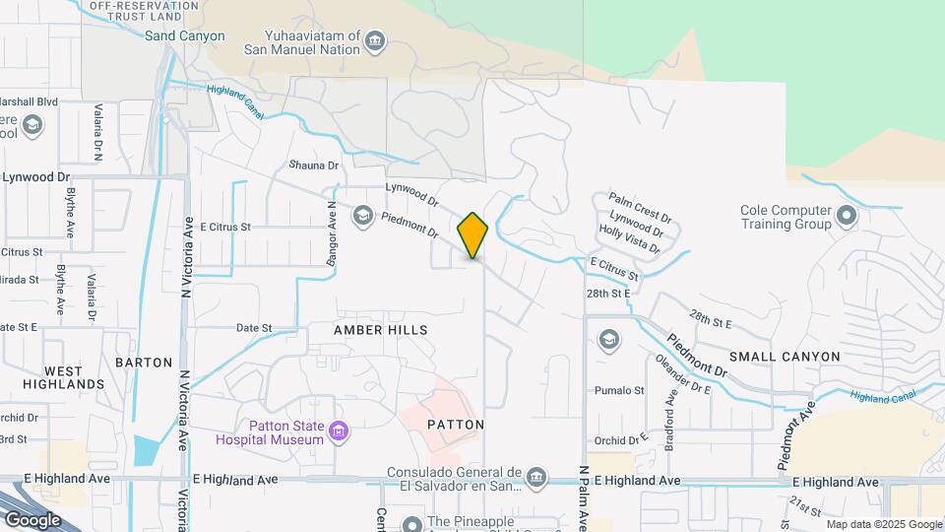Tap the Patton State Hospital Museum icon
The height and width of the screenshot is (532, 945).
click(340, 431)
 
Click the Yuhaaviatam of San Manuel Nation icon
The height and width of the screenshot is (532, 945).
click(374, 41)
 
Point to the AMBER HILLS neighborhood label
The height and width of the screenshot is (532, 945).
click(381, 330)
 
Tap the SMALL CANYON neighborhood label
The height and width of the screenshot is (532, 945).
click(785, 356)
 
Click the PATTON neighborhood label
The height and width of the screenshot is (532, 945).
click(456, 425)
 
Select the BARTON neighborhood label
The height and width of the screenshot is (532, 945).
click(144, 362)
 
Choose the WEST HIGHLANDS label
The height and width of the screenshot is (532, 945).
click(75, 377)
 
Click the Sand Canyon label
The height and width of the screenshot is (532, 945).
click(185, 36)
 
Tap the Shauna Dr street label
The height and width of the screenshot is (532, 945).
click(313, 166)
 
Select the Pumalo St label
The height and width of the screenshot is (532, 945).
click(619, 390)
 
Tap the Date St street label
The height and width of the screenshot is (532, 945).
click(253, 327)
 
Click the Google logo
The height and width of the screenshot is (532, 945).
click(32, 519)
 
